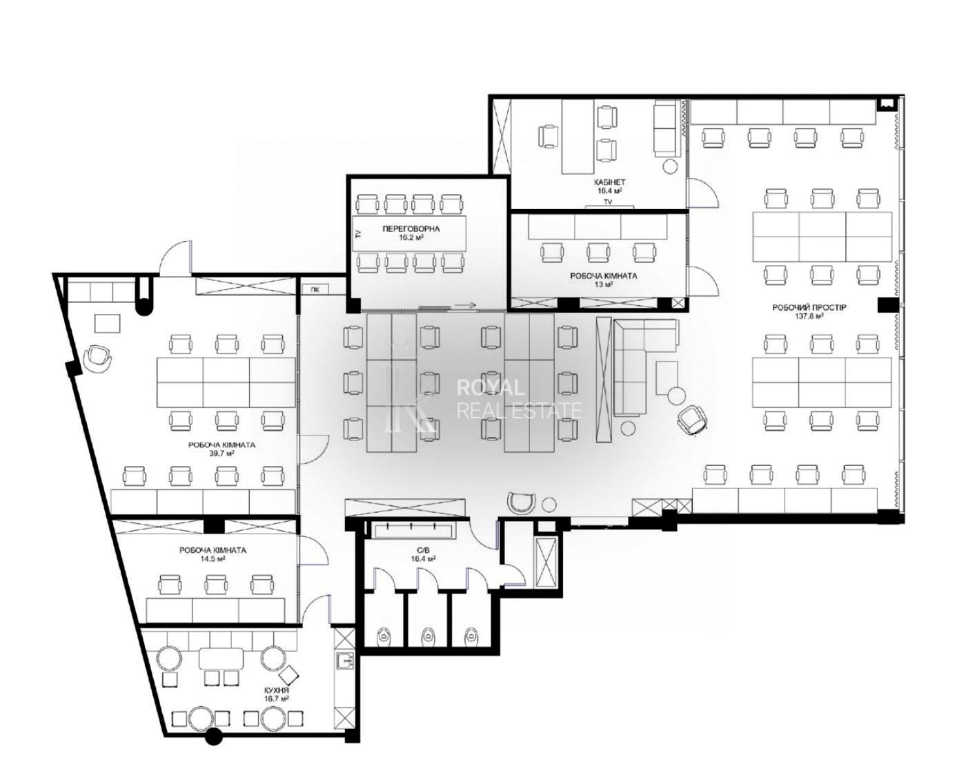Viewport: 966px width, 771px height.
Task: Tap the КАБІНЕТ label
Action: [609, 182]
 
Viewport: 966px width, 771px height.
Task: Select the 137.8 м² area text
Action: [809, 316]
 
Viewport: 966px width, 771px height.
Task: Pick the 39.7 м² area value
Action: [221, 453]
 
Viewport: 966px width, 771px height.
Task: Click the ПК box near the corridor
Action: [315, 290]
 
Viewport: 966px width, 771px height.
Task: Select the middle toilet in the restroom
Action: [427, 636]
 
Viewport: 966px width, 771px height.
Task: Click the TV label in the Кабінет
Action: [608, 202]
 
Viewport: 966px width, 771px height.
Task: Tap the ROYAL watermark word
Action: [491, 387]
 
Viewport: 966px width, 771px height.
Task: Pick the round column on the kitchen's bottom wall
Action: [214, 736]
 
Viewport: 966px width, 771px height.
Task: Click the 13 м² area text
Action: [604, 284]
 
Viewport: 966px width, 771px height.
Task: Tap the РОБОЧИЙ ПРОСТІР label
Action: [809, 308]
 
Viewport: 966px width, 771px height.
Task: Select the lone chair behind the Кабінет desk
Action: [549, 137]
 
